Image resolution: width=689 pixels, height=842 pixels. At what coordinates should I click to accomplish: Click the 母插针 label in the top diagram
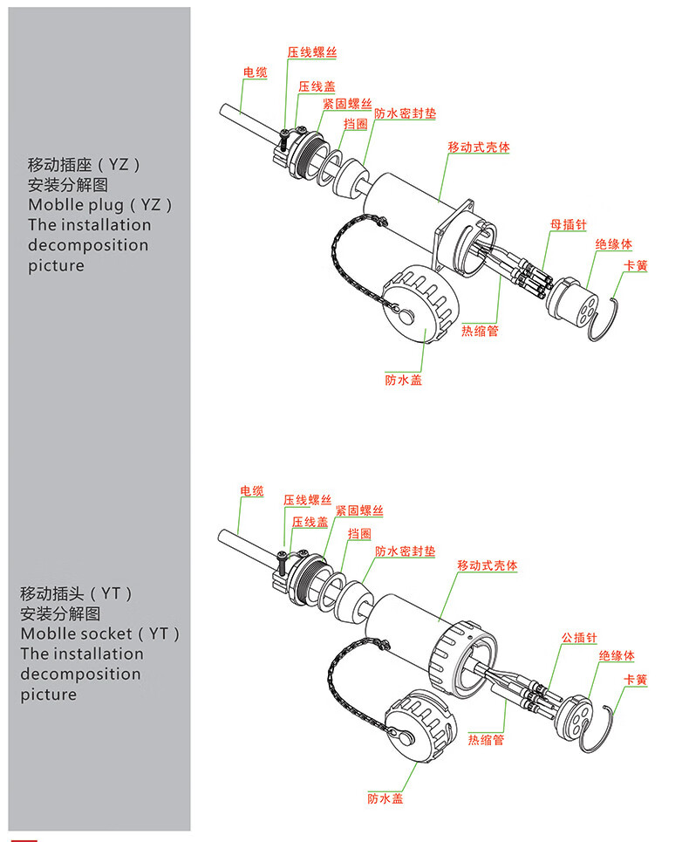pyautogui.click(x=569, y=224)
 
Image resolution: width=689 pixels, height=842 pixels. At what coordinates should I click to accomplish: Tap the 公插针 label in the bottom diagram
pyautogui.click(x=579, y=638)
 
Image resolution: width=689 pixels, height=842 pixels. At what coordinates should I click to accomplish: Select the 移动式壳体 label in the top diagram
pyautogui.click(x=479, y=147)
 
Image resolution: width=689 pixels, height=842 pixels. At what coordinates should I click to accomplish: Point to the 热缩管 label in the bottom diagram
pyautogui.click(x=486, y=740)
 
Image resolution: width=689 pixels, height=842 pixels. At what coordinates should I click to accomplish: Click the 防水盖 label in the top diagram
pyautogui.click(x=404, y=380)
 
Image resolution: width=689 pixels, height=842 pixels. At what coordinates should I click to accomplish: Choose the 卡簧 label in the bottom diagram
pyautogui.click(x=635, y=680)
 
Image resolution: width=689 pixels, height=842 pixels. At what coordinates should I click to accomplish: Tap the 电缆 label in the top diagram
pyautogui.click(x=255, y=72)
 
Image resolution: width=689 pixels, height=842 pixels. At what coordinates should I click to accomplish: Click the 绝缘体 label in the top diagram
pyautogui.click(x=614, y=244)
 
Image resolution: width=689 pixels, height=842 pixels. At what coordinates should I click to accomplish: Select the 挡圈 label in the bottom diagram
pyautogui.click(x=359, y=534)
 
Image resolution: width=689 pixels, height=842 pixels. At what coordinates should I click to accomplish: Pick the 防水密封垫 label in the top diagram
pyautogui.click(x=406, y=113)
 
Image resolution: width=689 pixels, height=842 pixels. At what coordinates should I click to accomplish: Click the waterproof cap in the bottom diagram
pyautogui.click(x=421, y=722)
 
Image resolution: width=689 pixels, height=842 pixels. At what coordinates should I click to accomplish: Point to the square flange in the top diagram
pyautogui.click(x=454, y=236)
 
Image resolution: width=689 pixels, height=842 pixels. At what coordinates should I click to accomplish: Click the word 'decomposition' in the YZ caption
pyautogui.click(x=88, y=245)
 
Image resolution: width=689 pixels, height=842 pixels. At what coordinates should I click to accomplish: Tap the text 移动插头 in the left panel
pyautogui.click(x=52, y=593)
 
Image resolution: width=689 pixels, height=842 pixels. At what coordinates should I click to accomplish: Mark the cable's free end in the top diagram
pyautogui.click(x=225, y=110)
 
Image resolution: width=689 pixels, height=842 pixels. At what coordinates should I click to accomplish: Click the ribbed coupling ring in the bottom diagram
pyautogui.click(x=462, y=659)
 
